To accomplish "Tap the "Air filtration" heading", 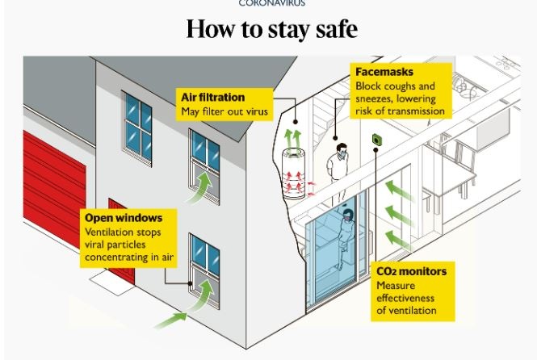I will click(212, 98).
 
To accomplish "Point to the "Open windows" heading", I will click(124, 218).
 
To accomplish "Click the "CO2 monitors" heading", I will click(411, 271).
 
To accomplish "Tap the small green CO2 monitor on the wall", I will click(376, 141).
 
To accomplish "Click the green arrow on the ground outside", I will click(173, 321).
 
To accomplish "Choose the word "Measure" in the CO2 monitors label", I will click(395, 285).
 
